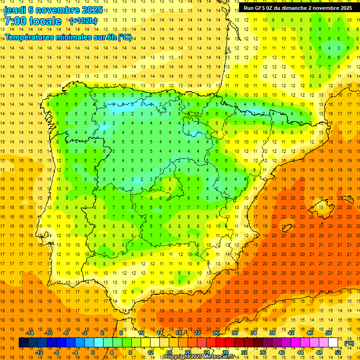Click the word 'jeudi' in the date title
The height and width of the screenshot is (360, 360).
pyautogui.click(x=15, y=9)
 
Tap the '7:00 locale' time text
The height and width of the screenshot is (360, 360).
pyautogui.click(x=33, y=21)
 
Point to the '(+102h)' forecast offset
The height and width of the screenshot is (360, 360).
pyautogui.click(x=83, y=21)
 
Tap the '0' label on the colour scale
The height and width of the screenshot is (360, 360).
pyautogui.click(x=93, y=352)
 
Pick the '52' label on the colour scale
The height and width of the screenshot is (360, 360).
pyautogui.click(x=337, y=352)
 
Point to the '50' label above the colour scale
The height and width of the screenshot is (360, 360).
pyautogui.click(x=328, y=333)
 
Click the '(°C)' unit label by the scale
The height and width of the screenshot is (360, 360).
pyautogui.click(x=349, y=343)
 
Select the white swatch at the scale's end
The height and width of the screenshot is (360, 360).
pyautogui.click(x=333, y=343)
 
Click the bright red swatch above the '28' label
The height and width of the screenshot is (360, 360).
pyautogui.click(x=225, y=343)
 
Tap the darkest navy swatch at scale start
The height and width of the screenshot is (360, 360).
pyautogui.click(x=23, y=343)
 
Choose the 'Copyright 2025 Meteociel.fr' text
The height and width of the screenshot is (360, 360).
pyautogui.click(x=199, y=357)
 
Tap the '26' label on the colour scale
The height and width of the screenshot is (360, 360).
pyautogui.click(x=216, y=333)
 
